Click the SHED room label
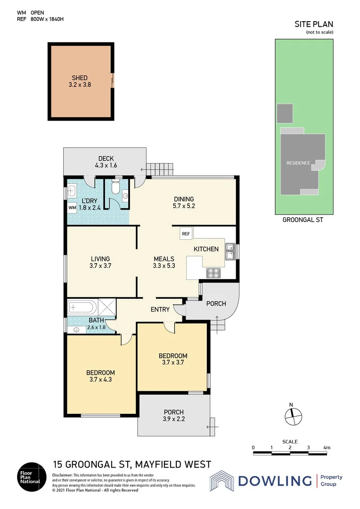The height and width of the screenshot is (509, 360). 80,78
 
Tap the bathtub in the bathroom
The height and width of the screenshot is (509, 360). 82,308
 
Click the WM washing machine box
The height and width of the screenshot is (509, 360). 72,207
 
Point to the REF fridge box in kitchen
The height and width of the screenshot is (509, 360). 186,233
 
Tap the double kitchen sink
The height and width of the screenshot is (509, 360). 229,251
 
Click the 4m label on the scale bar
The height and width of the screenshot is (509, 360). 327,447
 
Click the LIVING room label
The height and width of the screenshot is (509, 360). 100,259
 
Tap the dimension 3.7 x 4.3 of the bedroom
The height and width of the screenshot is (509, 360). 100,379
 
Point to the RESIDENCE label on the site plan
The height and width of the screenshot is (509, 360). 298,163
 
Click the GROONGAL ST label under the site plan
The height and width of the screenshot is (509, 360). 302,220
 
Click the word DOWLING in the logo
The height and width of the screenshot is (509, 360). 275,481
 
